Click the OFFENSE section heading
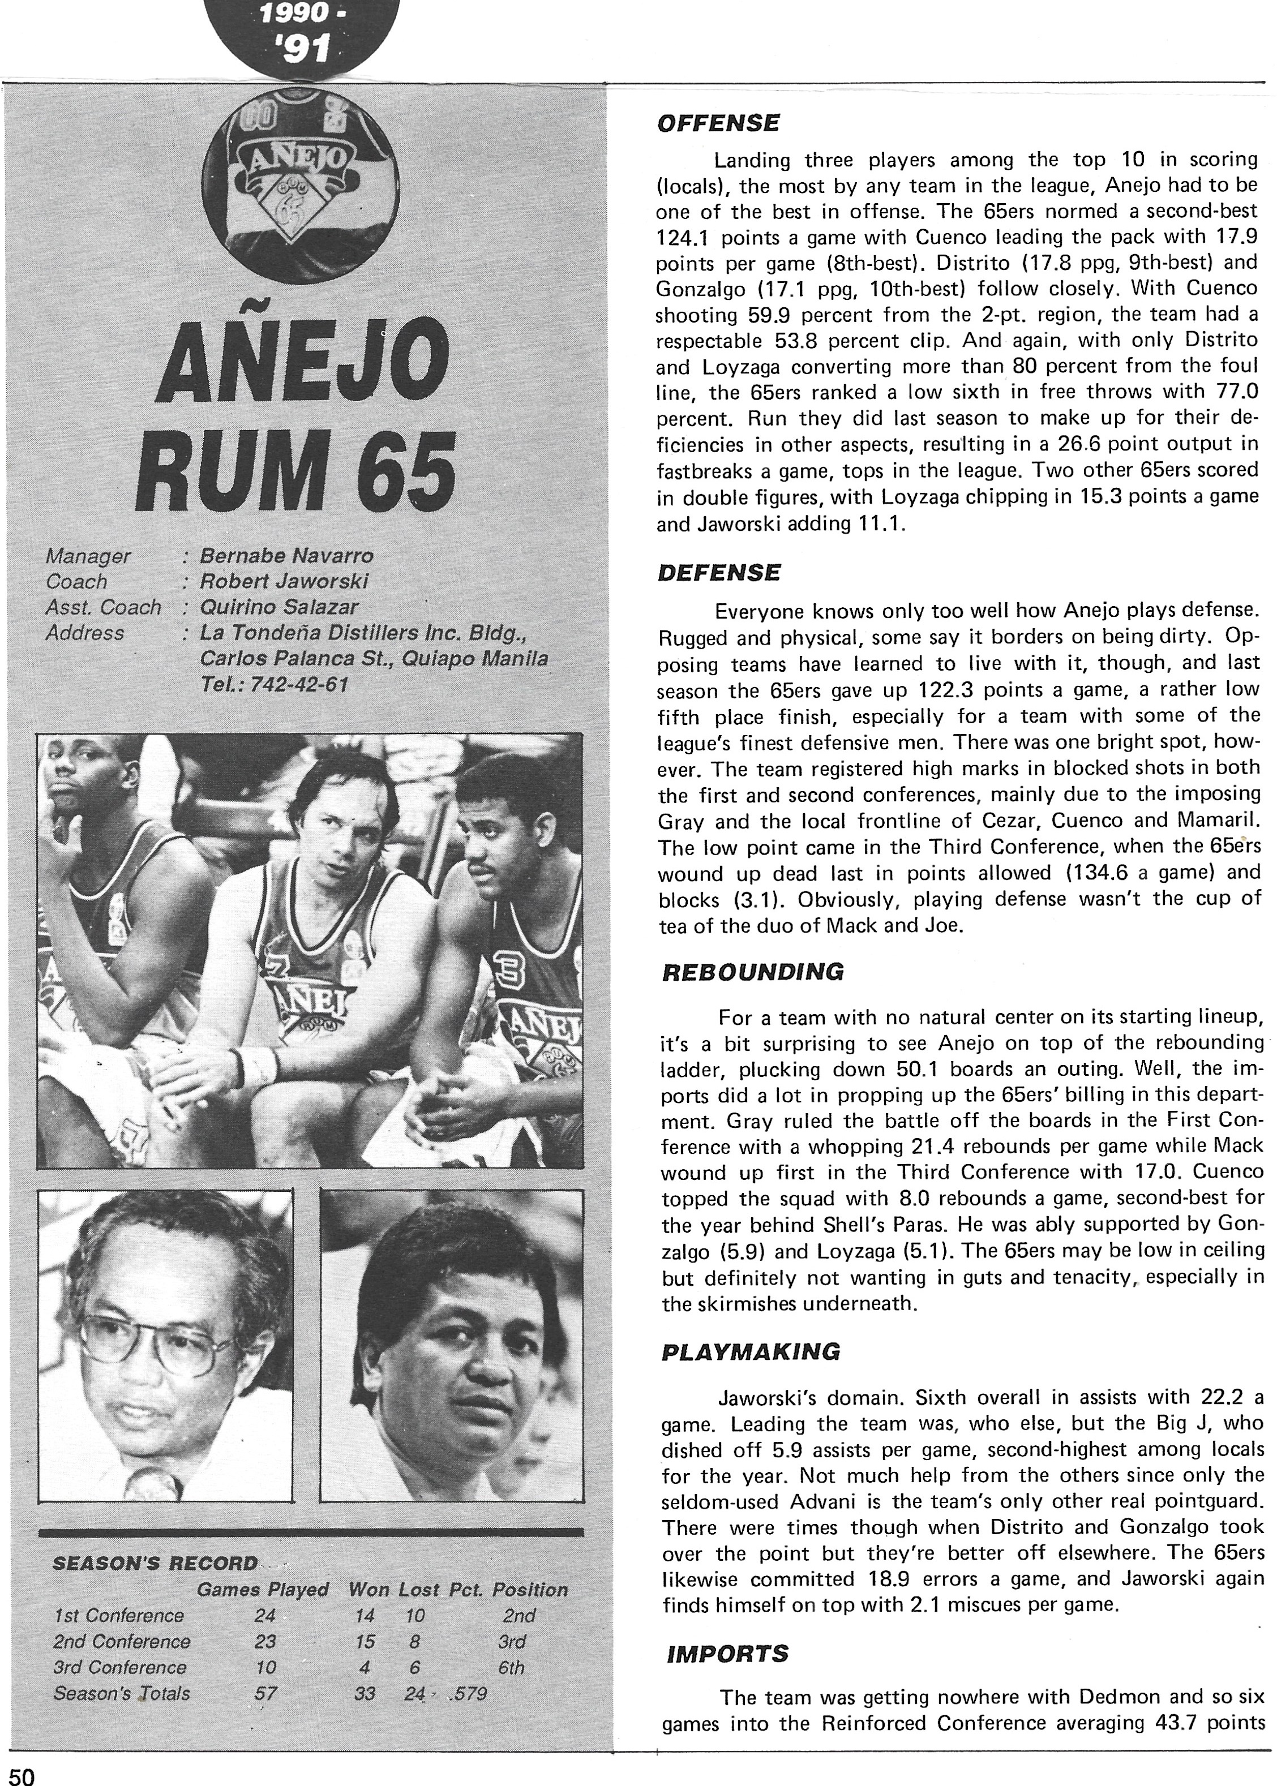coord(718,123)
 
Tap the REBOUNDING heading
coord(752,972)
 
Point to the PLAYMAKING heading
coord(751,1352)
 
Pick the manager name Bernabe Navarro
coord(286,556)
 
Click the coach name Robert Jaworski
coord(284,582)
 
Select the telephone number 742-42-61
coord(275,685)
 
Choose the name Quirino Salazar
coord(279,608)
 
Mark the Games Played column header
coord(262,1590)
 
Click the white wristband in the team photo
coord(259,1065)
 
